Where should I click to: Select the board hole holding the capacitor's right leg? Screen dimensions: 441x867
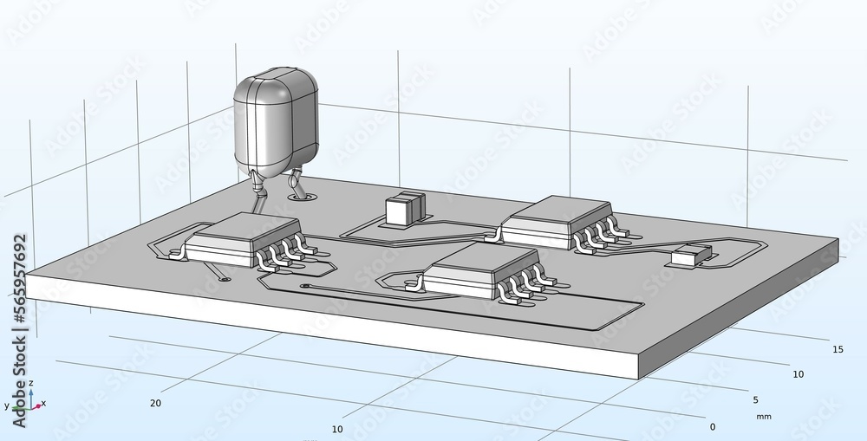tap(303, 197)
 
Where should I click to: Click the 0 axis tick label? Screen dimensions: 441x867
tap(713, 426)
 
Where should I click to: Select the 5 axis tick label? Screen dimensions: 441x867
tap(755, 399)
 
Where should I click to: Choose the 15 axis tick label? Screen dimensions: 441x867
tap(838, 349)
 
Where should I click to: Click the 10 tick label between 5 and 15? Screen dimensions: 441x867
tap(798, 374)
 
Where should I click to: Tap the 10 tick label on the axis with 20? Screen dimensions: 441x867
tap(337, 430)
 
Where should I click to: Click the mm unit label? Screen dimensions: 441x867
tap(763, 417)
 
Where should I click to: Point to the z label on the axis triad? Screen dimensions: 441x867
tap(30, 382)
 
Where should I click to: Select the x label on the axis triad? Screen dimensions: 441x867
tap(43, 403)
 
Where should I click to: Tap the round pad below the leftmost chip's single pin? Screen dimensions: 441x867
tap(225, 279)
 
